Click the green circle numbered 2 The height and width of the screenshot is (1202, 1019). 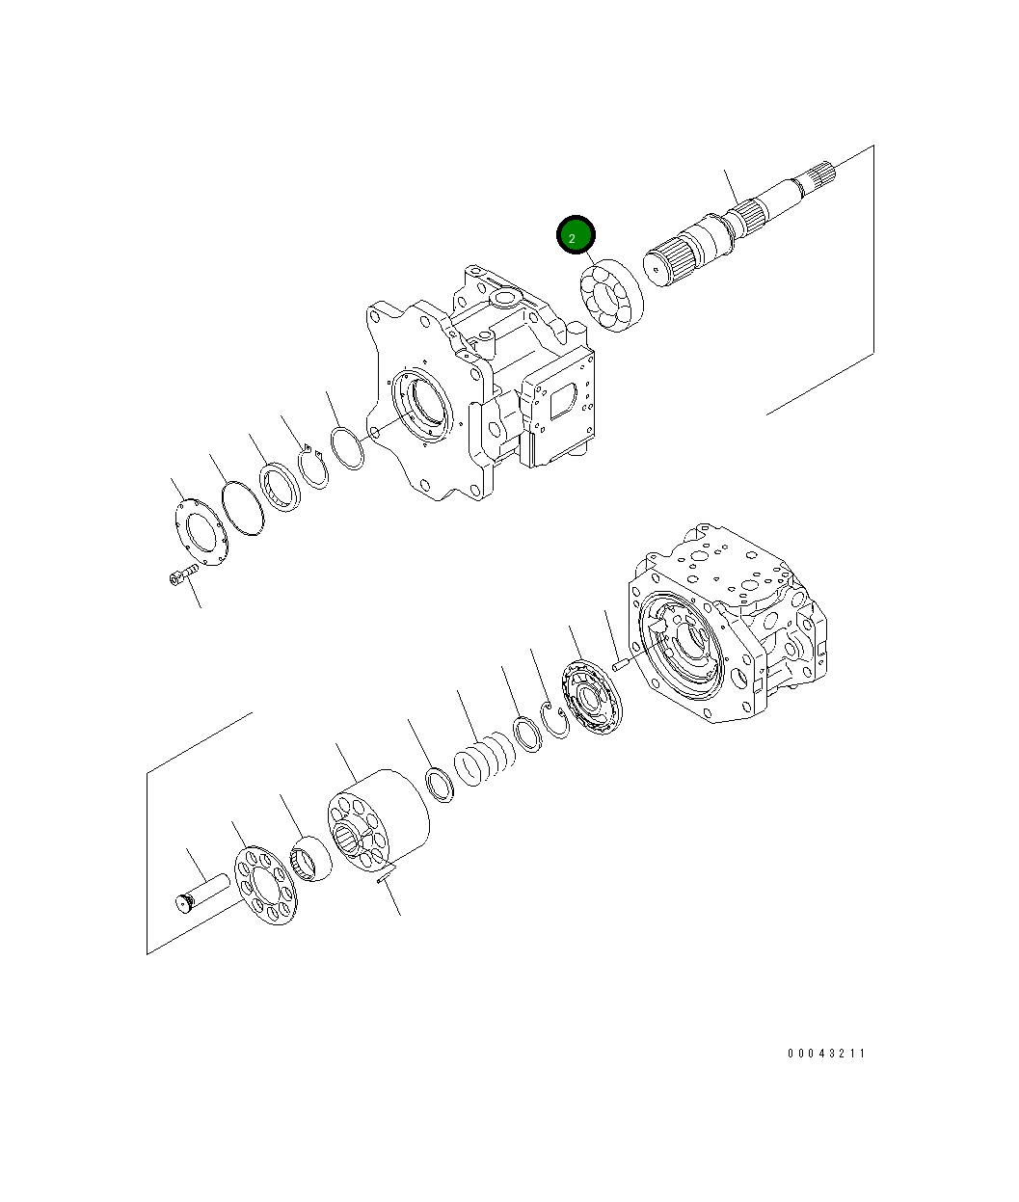(x=577, y=235)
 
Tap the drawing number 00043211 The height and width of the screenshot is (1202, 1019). (x=826, y=1054)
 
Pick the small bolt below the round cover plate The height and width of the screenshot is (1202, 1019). (x=179, y=577)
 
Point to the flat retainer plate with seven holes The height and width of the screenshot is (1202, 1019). (x=266, y=885)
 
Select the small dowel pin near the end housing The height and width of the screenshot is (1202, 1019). (x=621, y=663)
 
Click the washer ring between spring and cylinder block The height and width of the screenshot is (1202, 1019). (x=440, y=782)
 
